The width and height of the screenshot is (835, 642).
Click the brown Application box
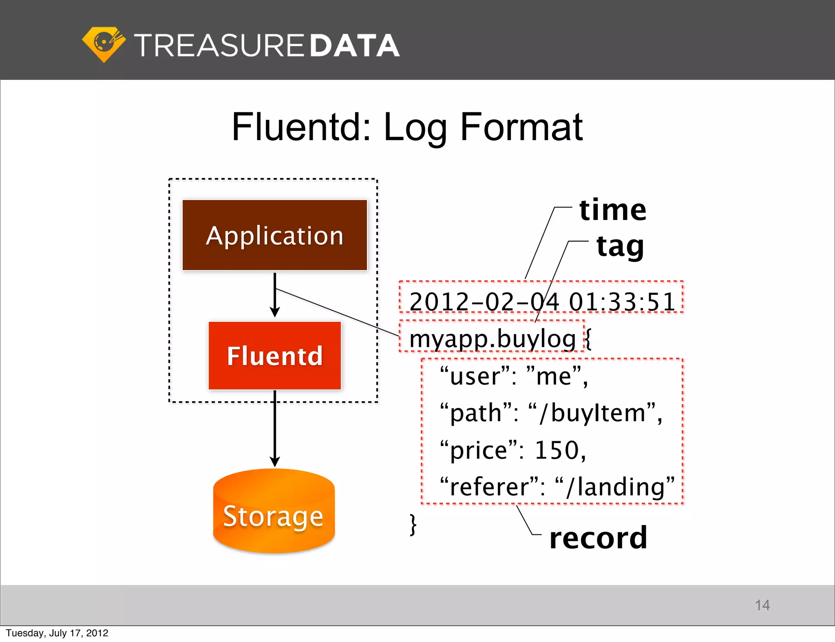tap(274, 235)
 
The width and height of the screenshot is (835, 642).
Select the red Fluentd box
tap(274, 356)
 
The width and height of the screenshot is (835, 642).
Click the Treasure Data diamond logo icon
tap(104, 44)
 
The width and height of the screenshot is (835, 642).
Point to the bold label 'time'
tap(612, 210)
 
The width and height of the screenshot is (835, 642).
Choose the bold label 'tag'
tap(620, 247)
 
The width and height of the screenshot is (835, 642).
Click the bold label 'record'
tap(598, 538)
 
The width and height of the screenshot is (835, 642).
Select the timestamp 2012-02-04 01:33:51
tap(542, 302)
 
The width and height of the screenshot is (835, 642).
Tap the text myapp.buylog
tap(492, 339)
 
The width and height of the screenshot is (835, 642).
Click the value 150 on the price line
tap(557, 450)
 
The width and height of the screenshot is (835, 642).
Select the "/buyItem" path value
tap(593, 413)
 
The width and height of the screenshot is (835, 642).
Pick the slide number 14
tap(762, 605)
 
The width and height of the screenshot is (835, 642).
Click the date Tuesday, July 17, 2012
tap(57, 633)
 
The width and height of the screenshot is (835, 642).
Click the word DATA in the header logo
tap(354, 45)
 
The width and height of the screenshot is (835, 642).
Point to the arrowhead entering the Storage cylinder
tap(275, 462)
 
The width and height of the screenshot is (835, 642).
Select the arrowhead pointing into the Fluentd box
tap(275, 312)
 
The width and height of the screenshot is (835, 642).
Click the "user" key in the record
tap(475, 376)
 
